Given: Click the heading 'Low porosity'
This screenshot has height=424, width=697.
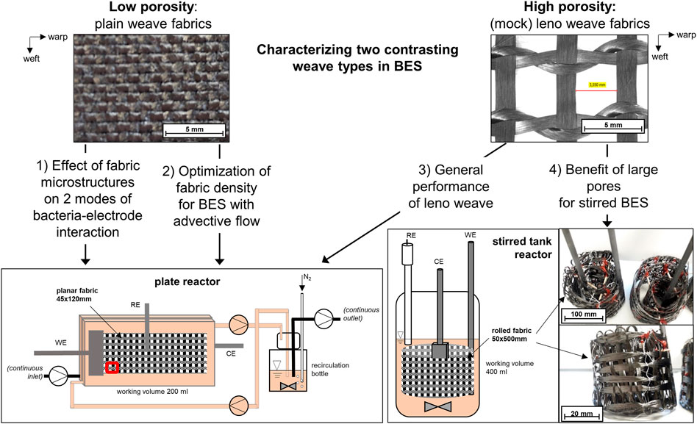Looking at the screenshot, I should point(151,7).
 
